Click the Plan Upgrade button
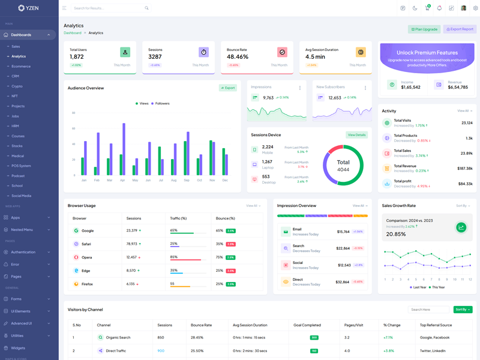(424, 29)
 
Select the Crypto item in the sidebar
(17, 86)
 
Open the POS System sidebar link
(21, 166)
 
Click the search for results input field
(108, 8)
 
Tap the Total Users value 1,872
(77, 56)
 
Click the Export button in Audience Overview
(228, 88)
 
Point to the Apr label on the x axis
(122, 180)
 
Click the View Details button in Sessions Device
(356, 135)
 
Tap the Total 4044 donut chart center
(343, 166)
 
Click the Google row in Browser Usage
(88, 230)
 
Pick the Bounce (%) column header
(226, 218)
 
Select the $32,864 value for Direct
(343, 281)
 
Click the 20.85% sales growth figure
(396, 234)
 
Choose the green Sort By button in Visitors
(463, 310)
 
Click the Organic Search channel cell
(118, 337)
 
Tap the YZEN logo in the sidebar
(28, 8)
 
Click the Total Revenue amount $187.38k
(464, 169)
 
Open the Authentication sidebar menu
(23, 252)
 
